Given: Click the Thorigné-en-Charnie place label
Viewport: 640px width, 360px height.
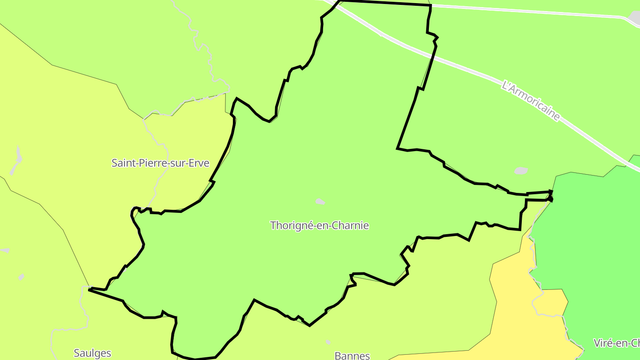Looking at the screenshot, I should [x=319, y=225].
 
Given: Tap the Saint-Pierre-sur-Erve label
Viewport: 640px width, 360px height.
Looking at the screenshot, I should [x=160, y=163].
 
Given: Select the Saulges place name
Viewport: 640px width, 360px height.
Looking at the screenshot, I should [x=92, y=353].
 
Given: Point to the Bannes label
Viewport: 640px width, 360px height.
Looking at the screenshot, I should [x=352, y=356].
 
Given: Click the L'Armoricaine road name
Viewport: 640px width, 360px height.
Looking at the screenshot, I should [x=530, y=100].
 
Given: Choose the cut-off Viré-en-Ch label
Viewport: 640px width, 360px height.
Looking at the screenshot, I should [x=616, y=343].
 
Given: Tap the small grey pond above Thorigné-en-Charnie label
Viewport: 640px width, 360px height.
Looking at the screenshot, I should [x=320, y=201].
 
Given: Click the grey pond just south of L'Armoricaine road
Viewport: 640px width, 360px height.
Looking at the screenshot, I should [x=520, y=171].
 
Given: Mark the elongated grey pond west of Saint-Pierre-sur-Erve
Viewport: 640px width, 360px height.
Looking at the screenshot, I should [x=18, y=159].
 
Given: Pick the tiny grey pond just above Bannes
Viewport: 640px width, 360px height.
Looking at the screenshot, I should [x=328, y=342].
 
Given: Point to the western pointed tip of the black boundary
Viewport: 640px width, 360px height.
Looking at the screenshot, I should [x=90, y=289].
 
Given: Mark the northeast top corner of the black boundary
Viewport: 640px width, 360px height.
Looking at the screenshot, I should [x=431, y=6].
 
